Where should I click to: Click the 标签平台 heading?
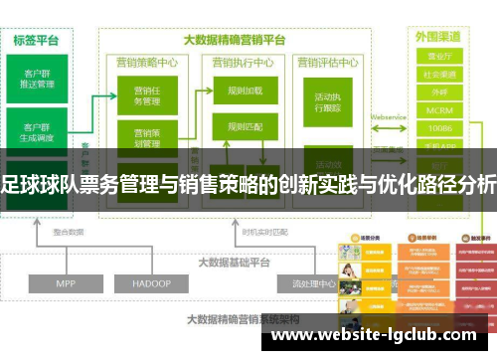click(x=36, y=41)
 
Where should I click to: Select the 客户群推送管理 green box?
click(x=38, y=78)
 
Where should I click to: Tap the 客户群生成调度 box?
click(x=38, y=132)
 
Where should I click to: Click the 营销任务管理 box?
click(x=146, y=96)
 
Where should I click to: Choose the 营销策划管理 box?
click(x=146, y=137)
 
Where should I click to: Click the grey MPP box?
click(x=66, y=256)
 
